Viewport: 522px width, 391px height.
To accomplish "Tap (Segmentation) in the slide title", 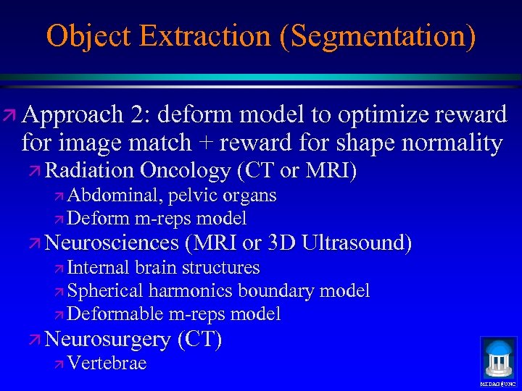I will click(x=377, y=35).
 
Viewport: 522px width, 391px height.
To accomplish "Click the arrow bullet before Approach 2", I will click(x=10, y=115).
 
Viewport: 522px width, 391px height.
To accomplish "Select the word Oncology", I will click(x=185, y=171).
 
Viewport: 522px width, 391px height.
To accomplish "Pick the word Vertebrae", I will click(x=107, y=363).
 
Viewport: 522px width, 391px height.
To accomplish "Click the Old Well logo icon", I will click(x=498, y=358).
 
